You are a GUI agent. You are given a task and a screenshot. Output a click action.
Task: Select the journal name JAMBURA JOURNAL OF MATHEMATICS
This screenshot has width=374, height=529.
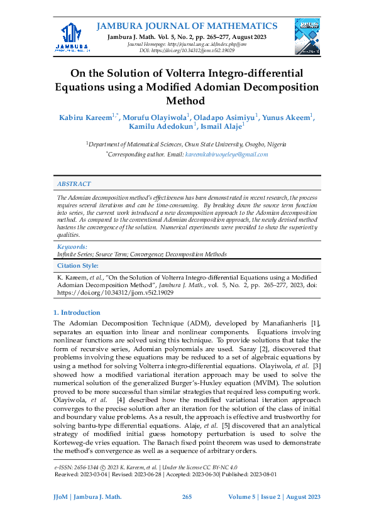(x=187, y=26)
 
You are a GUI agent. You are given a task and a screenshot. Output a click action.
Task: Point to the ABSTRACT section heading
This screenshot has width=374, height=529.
(x=74, y=184)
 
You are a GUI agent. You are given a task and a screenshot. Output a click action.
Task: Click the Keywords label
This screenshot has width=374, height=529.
(x=72, y=248)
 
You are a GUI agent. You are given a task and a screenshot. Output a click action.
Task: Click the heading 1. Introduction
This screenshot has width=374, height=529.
(x=77, y=312)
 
